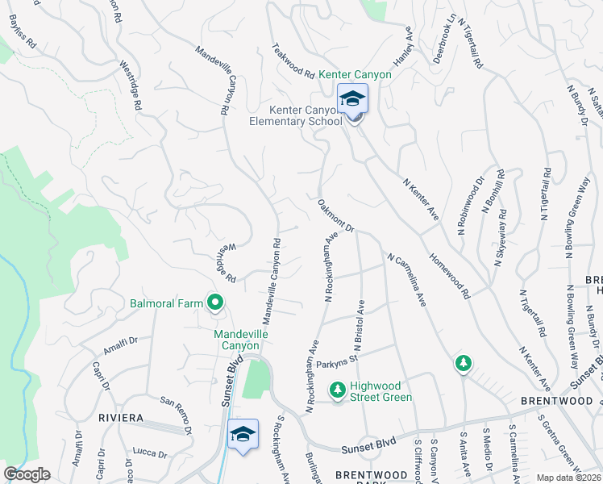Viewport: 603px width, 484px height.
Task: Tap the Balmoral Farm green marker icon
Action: tap(215, 303)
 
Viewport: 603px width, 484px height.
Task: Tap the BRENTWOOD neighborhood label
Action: tap(556, 401)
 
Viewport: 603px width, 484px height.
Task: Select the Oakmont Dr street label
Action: tap(336, 216)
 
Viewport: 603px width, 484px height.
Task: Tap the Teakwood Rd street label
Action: tap(293, 60)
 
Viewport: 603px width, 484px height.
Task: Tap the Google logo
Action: tap(27, 474)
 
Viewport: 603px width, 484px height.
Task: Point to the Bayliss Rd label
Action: tap(23, 28)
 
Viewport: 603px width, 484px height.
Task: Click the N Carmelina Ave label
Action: tap(406, 280)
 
